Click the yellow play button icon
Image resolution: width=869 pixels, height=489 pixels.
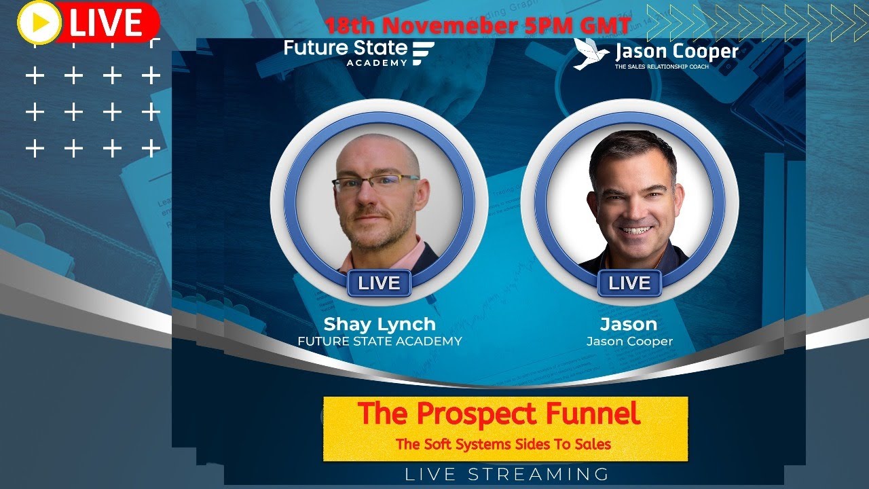39,22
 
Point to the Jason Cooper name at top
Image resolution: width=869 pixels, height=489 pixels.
676,51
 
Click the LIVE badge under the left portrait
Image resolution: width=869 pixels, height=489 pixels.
379,283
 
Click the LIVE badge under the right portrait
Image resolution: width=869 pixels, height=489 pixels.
629,283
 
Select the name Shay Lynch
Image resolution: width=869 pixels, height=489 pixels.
379,324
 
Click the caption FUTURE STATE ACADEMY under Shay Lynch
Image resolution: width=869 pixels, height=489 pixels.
380,342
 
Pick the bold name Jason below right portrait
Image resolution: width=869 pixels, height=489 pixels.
629,324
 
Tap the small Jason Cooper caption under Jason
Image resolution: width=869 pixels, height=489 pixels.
629,342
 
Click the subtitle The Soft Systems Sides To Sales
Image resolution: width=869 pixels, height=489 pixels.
504,445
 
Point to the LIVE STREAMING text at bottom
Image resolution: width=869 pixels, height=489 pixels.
507,474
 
